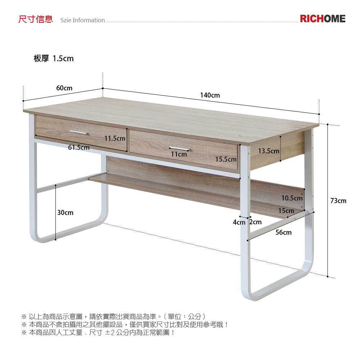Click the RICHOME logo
click(x=323, y=19)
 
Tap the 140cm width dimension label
click(x=210, y=95)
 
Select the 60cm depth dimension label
click(x=64, y=88)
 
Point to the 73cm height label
click(x=338, y=201)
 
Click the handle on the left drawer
click(x=79, y=132)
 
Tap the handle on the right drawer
click(x=179, y=148)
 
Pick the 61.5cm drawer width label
click(x=79, y=148)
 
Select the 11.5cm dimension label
click(x=115, y=139)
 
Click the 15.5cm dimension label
click(x=226, y=159)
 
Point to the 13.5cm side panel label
click(x=269, y=151)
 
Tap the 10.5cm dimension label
click(x=292, y=198)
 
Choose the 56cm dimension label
click(x=284, y=233)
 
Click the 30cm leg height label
click(x=65, y=213)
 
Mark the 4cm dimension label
click(x=239, y=222)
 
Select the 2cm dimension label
click(x=256, y=222)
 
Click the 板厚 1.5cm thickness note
click(x=54, y=59)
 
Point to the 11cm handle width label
click(x=179, y=154)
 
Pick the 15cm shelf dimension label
click(x=286, y=211)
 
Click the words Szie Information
click(x=83, y=20)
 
